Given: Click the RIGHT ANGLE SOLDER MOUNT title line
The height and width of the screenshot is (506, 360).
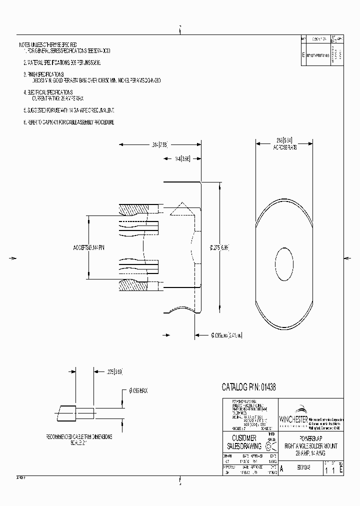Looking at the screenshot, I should coord(310,445).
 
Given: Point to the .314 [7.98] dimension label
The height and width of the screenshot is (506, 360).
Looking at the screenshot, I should coord(161,145).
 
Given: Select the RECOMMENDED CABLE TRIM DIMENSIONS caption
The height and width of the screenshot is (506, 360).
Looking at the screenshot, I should coord(79,436).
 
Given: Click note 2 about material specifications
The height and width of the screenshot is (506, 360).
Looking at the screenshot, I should coord(62,63).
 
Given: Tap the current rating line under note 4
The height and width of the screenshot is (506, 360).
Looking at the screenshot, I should coord(55,98).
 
